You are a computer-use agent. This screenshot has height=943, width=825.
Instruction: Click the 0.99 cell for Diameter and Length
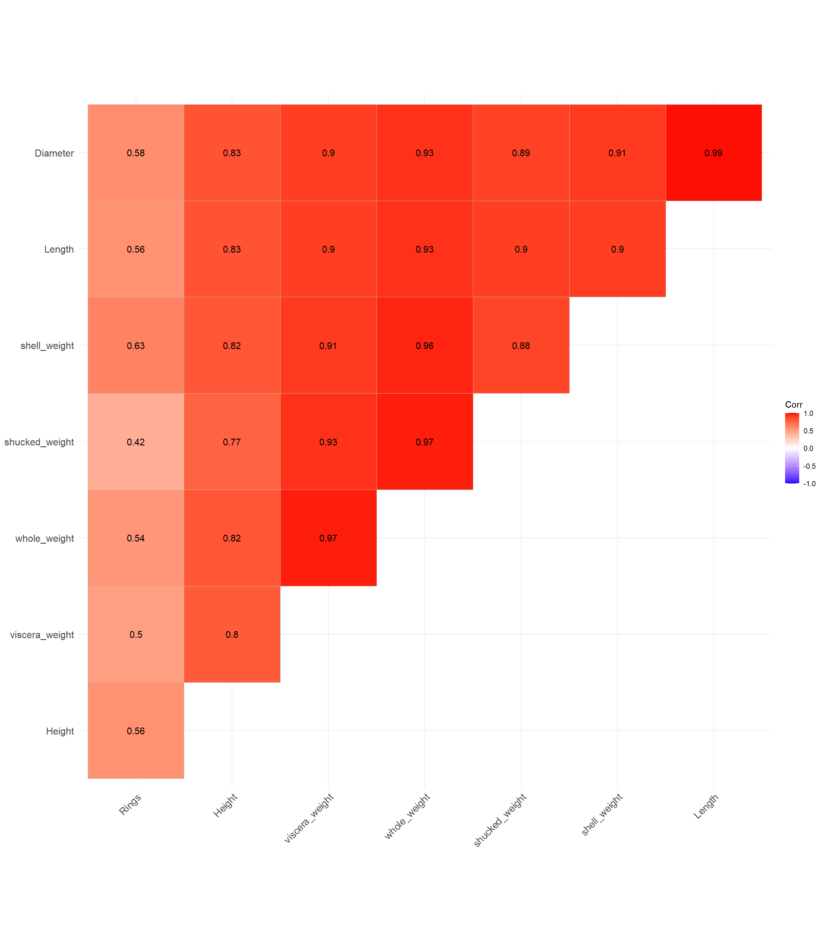pyautogui.click(x=713, y=153)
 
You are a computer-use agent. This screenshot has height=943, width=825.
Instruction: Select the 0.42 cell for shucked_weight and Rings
pyautogui.click(x=136, y=442)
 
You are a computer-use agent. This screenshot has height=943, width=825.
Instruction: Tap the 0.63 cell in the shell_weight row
pyautogui.click(x=136, y=346)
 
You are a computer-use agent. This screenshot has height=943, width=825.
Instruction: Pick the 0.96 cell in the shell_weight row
pyautogui.click(x=424, y=346)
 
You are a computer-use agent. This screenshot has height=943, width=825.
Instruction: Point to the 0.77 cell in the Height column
pyautogui.click(x=232, y=442)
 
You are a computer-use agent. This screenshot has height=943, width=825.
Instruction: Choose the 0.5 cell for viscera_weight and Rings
pyautogui.click(x=136, y=634)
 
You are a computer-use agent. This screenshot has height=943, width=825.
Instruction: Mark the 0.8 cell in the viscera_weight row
pyautogui.click(x=232, y=634)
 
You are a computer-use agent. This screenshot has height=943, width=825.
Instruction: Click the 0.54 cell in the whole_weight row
pyautogui.click(x=136, y=538)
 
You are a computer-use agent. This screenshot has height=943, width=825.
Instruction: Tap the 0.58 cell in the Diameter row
pyautogui.click(x=136, y=153)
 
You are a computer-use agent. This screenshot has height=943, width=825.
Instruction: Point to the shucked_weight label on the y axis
pyautogui.click(x=39, y=442)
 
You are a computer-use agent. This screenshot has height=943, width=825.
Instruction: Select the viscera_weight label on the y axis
pyautogui.click(x=42, y=635)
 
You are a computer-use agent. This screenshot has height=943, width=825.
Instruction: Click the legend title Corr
pyautogui.click(x=794, y=405)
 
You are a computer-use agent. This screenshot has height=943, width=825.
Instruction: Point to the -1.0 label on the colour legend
pyautogui.click(x=809, y=484)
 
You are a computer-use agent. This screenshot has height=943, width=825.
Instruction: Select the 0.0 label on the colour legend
pyautogui.click(x=808, y=448)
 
